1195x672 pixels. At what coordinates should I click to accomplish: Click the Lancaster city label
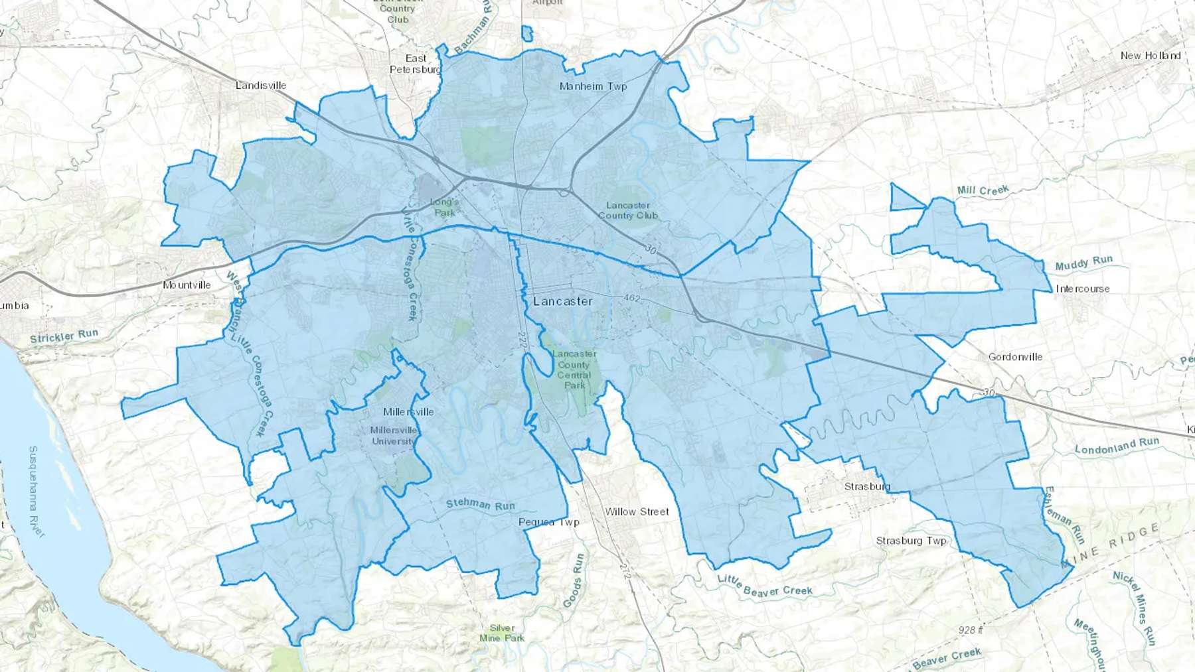click(x=562, y=301)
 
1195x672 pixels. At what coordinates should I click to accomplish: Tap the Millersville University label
click(x=394, y=436)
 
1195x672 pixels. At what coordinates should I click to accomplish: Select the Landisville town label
click(x=261, y=86)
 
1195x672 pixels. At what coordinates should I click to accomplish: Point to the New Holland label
click(x=1151, y=56)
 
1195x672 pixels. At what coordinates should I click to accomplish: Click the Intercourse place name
click(x=1083, y=289)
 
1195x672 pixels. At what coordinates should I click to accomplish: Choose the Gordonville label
click(x=1015, y=357)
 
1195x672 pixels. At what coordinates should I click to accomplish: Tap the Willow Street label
click(x=637, y=511)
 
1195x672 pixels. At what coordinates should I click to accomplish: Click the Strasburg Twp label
click(x=911, y=541)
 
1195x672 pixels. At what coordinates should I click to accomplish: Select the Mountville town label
click(x=187, y=285)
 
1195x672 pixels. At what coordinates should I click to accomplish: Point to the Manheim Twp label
click(x=593, y=86)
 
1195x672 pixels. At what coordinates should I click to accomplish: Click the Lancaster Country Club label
click(x=627, y=210)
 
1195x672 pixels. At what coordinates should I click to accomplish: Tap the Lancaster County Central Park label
click(x=574, y=370)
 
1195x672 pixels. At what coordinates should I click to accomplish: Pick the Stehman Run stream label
click(x=480, y=505)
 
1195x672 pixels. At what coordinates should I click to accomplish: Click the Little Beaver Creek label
click(x=765, y=586)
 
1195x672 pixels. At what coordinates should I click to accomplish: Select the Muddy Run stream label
click(x=1083, y=263)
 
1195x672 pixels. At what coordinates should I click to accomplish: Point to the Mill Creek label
click(x=983, y=191)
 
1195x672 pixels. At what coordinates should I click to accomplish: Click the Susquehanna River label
click(x=37, y=491)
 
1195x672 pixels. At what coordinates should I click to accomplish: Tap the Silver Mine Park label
click(x=502, y=633)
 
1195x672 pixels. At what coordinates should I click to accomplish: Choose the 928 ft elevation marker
click(x=970, y=630)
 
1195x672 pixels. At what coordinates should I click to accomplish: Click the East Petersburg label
click(x=415, y=64)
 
